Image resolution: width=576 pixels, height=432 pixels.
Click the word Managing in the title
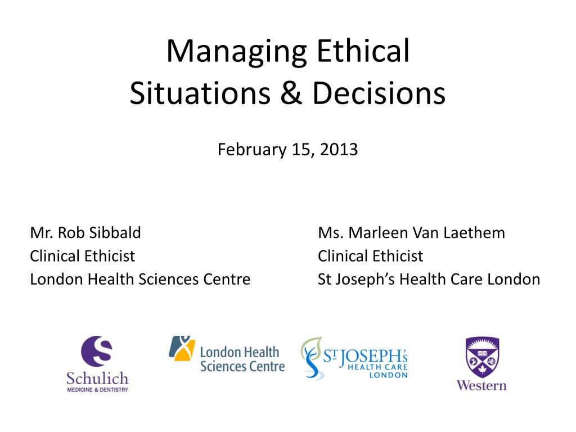tap(237, 52)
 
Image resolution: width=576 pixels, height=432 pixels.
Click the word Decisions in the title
tap(379, 93)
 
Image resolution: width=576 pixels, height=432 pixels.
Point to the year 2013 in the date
tap(339, 150)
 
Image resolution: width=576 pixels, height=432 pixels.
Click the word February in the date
tap(251, 150)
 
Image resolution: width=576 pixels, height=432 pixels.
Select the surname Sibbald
tap(115, 232)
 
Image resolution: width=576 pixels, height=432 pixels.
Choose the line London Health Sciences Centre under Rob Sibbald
tap(140, 279)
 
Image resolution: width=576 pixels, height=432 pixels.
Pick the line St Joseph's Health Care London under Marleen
tap(429, 280)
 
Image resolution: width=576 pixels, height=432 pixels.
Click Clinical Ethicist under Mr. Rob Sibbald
tap(82, 256)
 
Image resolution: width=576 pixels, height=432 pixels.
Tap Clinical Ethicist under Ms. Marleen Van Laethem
tap(370, 256)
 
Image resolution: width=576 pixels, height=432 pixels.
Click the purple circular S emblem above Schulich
tap(97, 351)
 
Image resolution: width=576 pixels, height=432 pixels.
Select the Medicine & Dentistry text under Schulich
tap(97, 390)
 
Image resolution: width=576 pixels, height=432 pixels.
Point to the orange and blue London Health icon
tap(182, 348)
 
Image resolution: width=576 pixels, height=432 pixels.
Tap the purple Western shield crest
tap(482, 357)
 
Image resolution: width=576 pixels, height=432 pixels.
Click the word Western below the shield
tap(481, 385)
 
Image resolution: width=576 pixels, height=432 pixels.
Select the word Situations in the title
tap(200, 93)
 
